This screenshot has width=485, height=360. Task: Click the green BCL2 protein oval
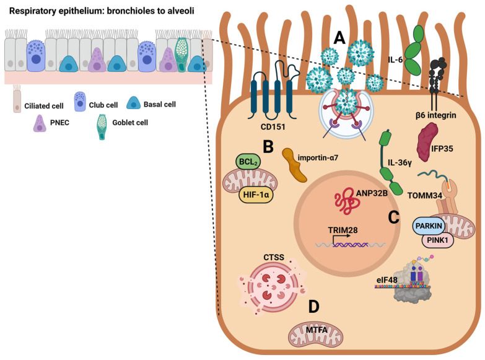pos(248,162)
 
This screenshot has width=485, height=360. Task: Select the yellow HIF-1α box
pos(256,195)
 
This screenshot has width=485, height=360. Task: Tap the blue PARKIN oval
pos(429,226)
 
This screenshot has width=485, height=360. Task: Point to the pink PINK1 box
pos(438,240)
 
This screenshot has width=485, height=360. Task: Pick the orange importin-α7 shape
pos(294,164)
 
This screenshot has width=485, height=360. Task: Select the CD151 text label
pos(273,126)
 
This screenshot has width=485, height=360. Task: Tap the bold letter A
pos(339,38)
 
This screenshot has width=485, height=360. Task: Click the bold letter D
pos(313,307)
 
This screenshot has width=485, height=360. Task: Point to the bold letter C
pos(393,217)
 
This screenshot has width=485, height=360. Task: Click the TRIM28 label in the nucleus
pos(343,230)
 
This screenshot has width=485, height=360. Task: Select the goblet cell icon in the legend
pos(102,127)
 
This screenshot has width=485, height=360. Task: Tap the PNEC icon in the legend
pos(40,123)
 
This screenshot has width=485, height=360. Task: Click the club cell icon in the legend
pos(80,102)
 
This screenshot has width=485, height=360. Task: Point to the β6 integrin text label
pos(436,115)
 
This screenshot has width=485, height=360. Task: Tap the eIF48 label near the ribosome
pos(387,280)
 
